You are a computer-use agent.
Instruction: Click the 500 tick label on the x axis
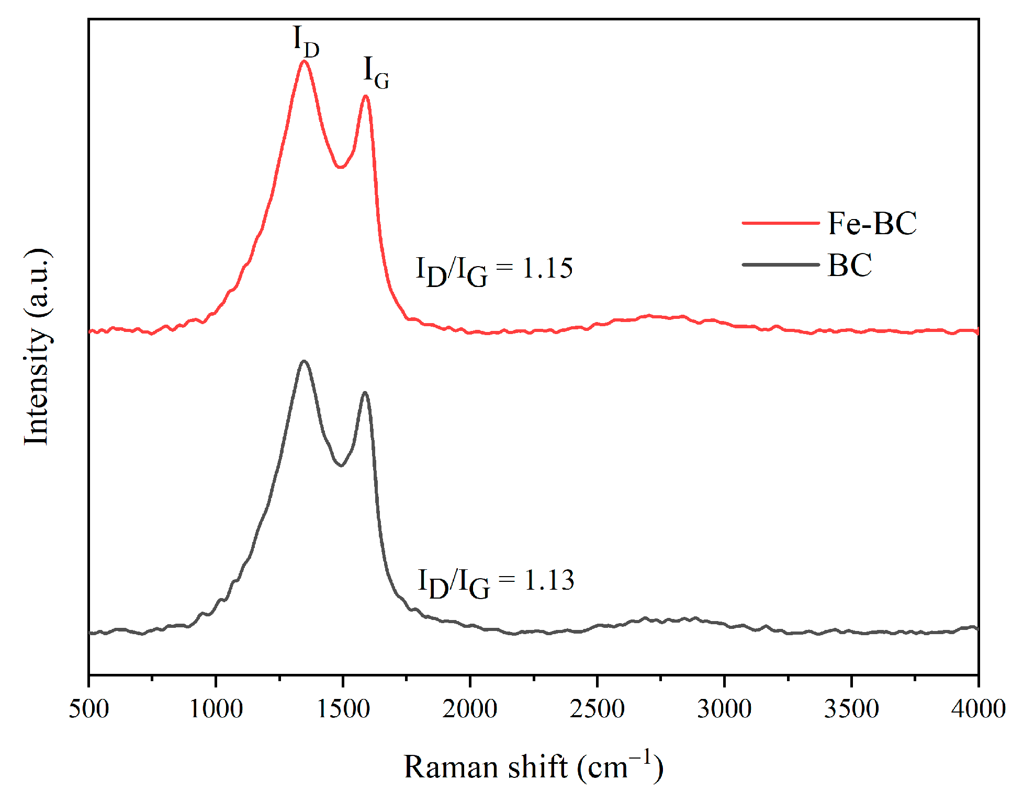click(x=89, y=709)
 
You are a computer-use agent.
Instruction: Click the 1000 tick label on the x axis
click(x=216, y=709)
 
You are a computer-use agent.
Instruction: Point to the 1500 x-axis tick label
click(x=343, y=709)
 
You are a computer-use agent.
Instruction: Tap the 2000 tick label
click(x=470, y=709)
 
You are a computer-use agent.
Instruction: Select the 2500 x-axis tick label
click(x=597, y=709)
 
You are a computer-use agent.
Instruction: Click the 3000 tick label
click(x=724, y=709)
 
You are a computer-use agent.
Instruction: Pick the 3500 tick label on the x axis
click(x=851, y=709)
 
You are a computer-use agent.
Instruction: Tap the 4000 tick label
click(x=978, y=709)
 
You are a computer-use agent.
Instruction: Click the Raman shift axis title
click(x=533, y=766)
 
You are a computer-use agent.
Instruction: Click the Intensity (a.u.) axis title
click(x=38, y=347)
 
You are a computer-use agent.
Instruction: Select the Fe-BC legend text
click(x=872, y=223)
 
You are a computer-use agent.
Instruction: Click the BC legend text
click(x=849, y=265)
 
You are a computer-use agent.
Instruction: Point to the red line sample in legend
click(x=780, y=223)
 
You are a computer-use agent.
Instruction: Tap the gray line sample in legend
click(x=780, y=265)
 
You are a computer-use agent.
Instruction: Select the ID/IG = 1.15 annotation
click(x=494, y=270)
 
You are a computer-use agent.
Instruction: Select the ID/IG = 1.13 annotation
click(x=496, y=582)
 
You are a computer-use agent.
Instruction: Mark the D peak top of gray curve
click(x=304, y=361)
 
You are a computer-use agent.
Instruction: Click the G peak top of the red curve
click(x=365, y=96)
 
